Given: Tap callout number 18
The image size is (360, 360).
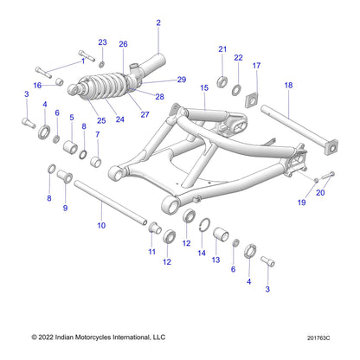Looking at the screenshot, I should (x=288, y=85).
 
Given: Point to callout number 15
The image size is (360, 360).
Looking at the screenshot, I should (x=204, y=88).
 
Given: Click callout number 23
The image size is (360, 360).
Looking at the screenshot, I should (x=102, y=42).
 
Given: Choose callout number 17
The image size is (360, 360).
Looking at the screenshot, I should (x=256, y=66).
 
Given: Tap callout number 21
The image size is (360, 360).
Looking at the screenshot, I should (x=222, y=49).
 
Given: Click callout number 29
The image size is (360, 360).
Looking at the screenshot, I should (x=182, y=80).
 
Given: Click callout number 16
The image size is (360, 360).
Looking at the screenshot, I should (x=37, y=85).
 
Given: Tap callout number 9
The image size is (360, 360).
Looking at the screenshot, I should (x=65, y=209).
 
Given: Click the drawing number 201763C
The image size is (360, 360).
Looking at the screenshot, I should (x=331, y=337).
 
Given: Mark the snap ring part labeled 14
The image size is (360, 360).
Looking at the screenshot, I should (x=206, y=227).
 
